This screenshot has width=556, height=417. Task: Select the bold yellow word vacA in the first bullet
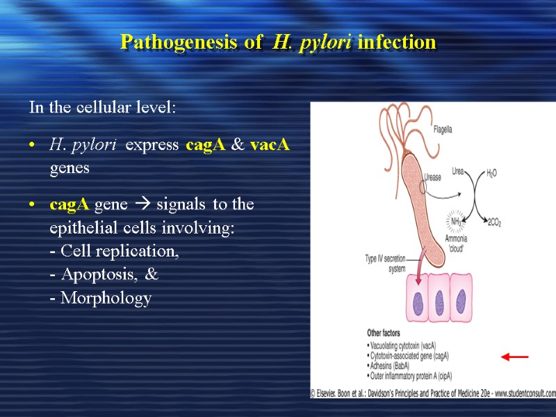270,145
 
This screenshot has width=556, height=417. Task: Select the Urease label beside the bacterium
432,178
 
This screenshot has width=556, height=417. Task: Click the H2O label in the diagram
491,172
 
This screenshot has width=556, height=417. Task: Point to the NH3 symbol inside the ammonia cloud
457,221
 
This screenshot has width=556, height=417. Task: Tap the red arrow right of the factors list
515,357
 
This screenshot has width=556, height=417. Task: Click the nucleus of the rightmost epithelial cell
461,301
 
